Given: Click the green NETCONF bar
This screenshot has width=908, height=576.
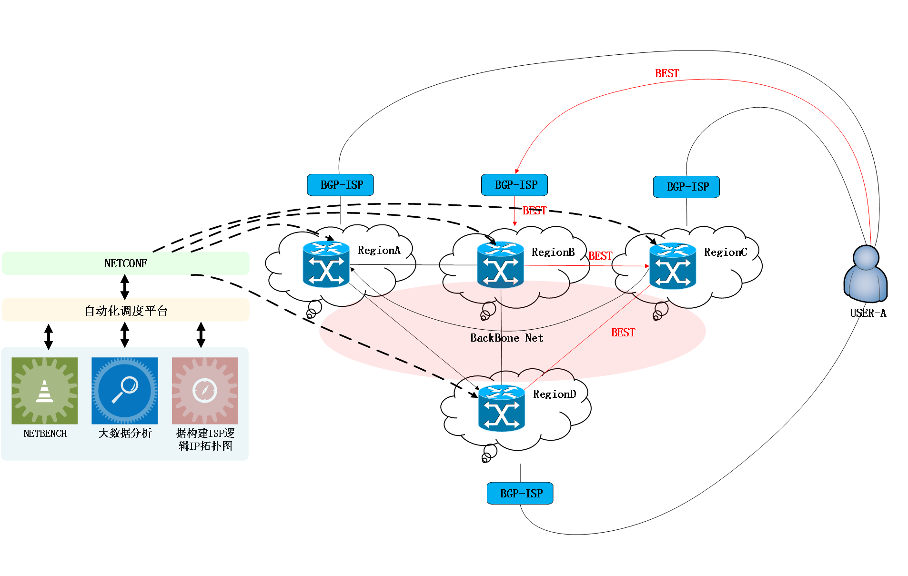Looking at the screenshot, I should [125, 263].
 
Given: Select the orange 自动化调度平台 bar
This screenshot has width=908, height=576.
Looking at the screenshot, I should [125, 310].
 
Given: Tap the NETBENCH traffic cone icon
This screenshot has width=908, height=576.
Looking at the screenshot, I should [45, 391].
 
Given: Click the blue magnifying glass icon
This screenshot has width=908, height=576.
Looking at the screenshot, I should [125, 391].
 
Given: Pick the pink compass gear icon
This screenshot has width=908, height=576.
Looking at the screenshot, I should [205, 391].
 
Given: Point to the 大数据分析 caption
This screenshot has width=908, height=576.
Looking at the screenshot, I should [125, 433].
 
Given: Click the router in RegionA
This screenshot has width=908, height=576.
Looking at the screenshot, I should [326, 264].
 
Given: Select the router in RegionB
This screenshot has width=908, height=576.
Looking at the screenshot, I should [500, 265].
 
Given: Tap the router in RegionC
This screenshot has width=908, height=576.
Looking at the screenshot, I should [673, 266].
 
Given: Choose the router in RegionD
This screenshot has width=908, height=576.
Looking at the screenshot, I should [502, 408].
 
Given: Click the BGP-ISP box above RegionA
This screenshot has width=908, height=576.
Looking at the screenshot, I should [341, 185].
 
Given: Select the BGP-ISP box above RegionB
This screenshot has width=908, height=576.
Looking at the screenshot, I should [515, 185].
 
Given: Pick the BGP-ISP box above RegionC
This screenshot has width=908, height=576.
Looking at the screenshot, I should [686, 187].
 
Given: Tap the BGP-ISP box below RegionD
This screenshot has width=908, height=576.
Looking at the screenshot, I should [520, 494].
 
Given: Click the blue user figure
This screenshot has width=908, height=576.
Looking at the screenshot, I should [866, 274].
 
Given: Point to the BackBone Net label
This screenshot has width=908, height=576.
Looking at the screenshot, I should [506, 338].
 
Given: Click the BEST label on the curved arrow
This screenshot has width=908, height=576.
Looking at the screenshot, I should [667, 73].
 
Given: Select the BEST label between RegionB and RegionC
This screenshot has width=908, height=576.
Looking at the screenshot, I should [600, 256].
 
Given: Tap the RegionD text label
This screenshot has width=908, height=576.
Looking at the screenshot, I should [555, 394].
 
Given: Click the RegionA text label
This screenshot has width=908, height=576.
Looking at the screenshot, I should [379, 250].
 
